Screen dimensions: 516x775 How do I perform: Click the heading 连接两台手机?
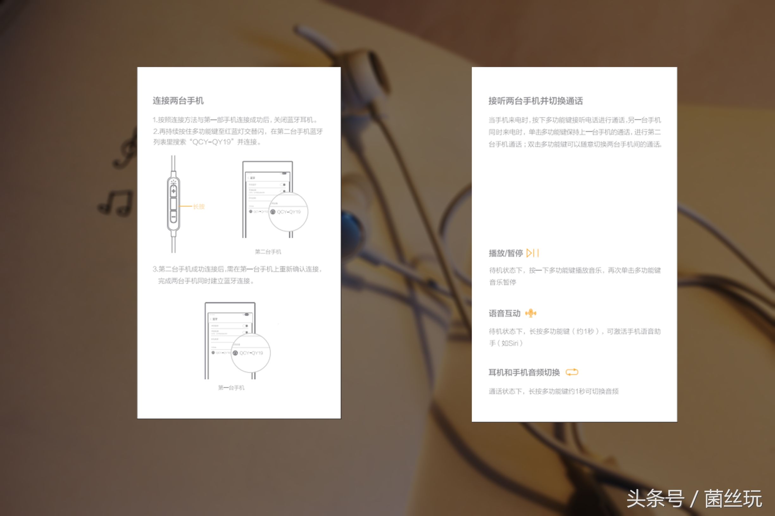click(178, 101)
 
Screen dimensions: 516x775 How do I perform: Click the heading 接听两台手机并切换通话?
click(535, 101)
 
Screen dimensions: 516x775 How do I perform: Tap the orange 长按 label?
click(199, 207)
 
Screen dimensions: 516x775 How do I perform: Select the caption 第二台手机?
click(268, 252)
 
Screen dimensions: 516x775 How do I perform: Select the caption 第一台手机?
click(231, 388)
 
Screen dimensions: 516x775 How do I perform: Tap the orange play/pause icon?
click(533, 253)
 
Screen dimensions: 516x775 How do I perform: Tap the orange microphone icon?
click(531, 313)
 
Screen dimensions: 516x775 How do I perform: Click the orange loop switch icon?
click(572, 372)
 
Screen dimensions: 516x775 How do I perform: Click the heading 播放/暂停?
click(506, 253)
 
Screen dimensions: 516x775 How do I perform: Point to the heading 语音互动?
click(504, 313)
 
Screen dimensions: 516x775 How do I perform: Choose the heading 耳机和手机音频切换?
click(524, 372)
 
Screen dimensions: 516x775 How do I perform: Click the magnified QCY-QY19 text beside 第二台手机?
click(289, 212)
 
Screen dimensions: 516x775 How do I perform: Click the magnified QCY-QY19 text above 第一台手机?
click(251, 353)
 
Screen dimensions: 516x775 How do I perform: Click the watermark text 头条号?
click(655, 499)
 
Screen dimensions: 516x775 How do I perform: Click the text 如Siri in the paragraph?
click(510, 343)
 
